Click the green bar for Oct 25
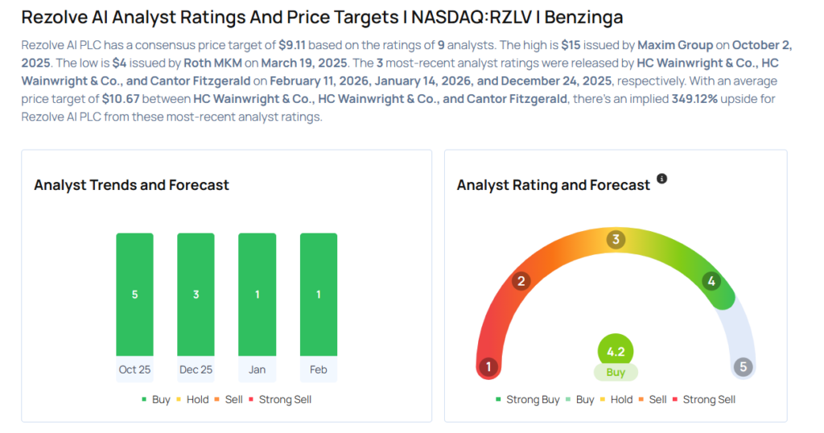click(134, 295)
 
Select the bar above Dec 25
click(196, 295)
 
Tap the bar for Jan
click(257, 295)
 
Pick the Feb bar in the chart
click(318, 295)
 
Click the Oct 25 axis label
click(134, 369)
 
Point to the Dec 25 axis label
click(196, 369)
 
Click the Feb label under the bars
click(318, 369)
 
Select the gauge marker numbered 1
click(488, 367)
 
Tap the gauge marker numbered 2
click(521, 281)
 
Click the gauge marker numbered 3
click(616, 239)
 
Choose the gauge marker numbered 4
click(711, 281)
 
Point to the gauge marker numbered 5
click(744, 367)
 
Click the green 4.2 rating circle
click(616, 351)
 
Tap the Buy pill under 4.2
click(616, 373)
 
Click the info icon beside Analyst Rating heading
click(662, 179)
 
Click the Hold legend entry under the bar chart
click(197, 399)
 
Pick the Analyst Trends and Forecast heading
click(131, 185)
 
